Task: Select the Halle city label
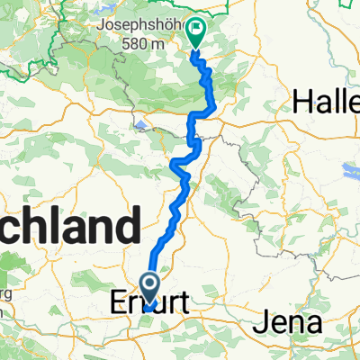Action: pyautogui.click(x=329, y=103)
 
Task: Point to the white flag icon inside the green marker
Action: pyautogui.click(x=195, y=30)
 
